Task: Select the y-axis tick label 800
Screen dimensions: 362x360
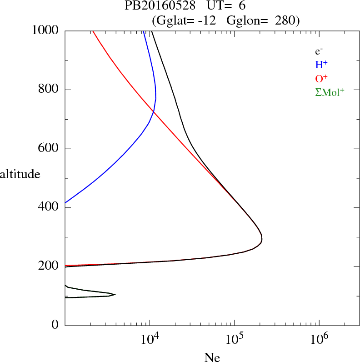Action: tap(50, 90)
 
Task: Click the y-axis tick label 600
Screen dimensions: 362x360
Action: tap(50, 149)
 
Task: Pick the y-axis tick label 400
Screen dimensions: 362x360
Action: tap(50, 208)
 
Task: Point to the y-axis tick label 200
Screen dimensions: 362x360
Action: tap(50, 266)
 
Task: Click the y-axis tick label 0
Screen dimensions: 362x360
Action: tap(55, 325)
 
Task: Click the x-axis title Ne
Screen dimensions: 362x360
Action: tap(212, 357)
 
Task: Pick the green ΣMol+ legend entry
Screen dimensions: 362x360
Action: tap(330, 92)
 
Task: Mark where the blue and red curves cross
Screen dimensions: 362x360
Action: tap(153, 111)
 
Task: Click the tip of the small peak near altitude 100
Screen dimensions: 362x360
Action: tap(115, 295)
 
